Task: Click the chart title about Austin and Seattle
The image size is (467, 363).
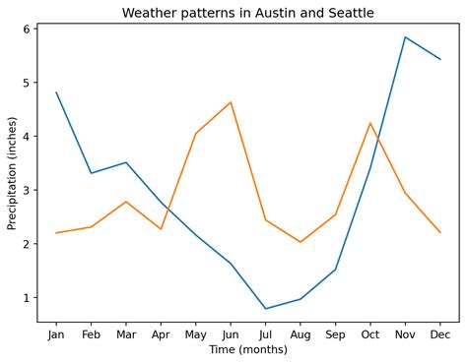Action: (248, 13)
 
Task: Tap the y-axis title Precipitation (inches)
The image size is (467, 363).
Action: (13, 173)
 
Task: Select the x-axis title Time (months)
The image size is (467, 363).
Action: (248, 349)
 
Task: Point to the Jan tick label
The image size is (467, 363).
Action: (56, 334)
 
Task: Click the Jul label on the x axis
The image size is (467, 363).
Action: (265, 334)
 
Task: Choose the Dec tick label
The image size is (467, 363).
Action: (439, 334)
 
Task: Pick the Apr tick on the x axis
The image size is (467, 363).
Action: (161, 334)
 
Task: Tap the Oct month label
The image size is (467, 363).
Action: (369, 334)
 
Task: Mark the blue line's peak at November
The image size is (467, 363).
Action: (405, 37)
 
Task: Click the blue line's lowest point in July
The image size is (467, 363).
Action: (265, 309)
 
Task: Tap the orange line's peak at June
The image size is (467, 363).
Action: (231, 102)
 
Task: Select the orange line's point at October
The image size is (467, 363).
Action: (369, 123)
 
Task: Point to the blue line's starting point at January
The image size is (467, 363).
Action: (56, 92)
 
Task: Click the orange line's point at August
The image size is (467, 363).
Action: (300, 242)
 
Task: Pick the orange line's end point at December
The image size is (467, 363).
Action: (439, 232)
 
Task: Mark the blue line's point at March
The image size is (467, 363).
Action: (126, 162)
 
